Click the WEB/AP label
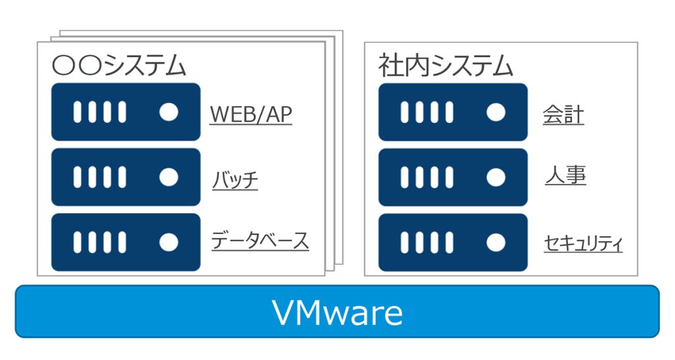250,115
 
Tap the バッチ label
235,179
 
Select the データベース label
260,241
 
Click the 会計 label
564,115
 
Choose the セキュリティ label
583,243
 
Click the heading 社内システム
446,66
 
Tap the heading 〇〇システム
119,66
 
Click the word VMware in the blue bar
337,313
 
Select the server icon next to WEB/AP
126,112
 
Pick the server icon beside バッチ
126,177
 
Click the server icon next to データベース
126,242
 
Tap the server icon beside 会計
453,112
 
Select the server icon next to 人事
453,177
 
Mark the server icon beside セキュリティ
453,242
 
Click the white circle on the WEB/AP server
169,112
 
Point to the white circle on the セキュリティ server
496,242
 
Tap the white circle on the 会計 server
496,112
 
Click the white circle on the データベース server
169,242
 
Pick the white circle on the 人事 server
496,177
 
